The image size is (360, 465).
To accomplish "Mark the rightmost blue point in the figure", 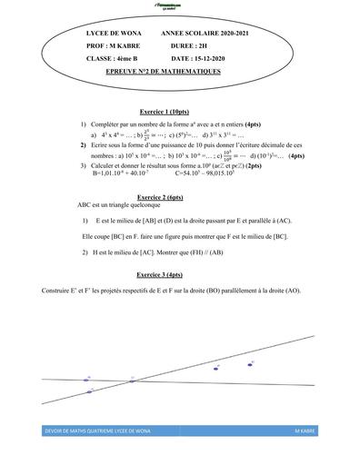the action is coord(251,363).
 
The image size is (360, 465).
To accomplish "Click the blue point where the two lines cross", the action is coord(131,380).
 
